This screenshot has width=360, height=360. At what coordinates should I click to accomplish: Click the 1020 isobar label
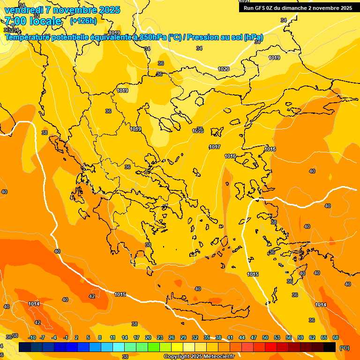(x=224, y=69)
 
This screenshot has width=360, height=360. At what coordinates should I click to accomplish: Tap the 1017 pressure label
(x=215, y=147)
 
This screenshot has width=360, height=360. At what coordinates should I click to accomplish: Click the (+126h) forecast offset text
(x=83, y=21)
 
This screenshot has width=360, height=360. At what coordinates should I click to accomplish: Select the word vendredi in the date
(x=24, y=10)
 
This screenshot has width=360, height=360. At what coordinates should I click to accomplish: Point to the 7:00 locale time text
(x=33, y=21)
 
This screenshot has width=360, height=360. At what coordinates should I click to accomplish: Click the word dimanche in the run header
(x=295, y=8)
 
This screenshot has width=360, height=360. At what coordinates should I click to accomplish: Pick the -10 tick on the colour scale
(x=32, y=337)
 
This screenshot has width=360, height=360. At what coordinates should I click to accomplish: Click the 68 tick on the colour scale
(x=336, y=337)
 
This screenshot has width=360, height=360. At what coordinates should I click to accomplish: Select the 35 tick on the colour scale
(x=207, y=337)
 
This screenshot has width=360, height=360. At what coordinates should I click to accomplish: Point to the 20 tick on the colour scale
(x=148, y=337)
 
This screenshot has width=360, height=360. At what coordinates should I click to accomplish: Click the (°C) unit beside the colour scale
(x=344, y=348)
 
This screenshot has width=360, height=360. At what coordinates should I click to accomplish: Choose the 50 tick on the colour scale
(x=265, y=337)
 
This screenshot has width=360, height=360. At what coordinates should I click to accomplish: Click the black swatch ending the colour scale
(x=330, y=347)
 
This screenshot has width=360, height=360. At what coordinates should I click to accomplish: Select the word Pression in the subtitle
(x=206, y=37)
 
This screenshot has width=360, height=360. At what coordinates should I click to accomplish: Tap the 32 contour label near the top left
(x=37, y=15)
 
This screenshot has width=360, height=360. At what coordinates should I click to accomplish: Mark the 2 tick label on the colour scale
(x=76, y=337)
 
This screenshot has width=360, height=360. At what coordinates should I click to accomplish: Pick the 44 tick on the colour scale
(x=242, y=337)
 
